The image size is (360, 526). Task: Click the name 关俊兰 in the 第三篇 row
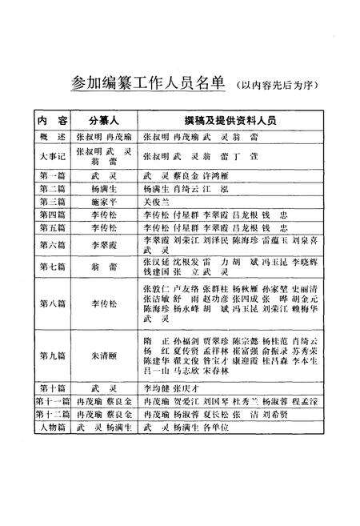[158, 203]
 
